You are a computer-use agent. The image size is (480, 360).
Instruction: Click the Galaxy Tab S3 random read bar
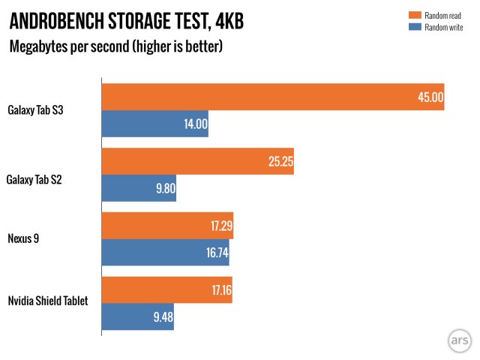[273, 97]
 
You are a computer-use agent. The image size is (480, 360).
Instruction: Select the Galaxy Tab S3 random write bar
[154, 124]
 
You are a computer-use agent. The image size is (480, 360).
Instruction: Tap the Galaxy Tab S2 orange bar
[197, 161]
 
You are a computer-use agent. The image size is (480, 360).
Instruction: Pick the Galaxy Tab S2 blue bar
[139, 188]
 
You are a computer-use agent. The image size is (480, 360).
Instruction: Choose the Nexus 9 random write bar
[165, 253]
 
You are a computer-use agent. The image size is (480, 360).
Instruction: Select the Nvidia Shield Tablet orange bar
[166, 289]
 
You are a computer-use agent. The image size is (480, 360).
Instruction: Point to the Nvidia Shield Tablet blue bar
[137, 316]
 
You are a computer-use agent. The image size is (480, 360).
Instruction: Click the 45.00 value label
[431, 97]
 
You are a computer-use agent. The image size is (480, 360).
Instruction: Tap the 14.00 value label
[195, 124]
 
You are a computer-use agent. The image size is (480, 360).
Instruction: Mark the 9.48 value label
[162, 316]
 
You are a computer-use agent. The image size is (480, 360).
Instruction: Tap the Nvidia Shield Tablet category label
[48, 301]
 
